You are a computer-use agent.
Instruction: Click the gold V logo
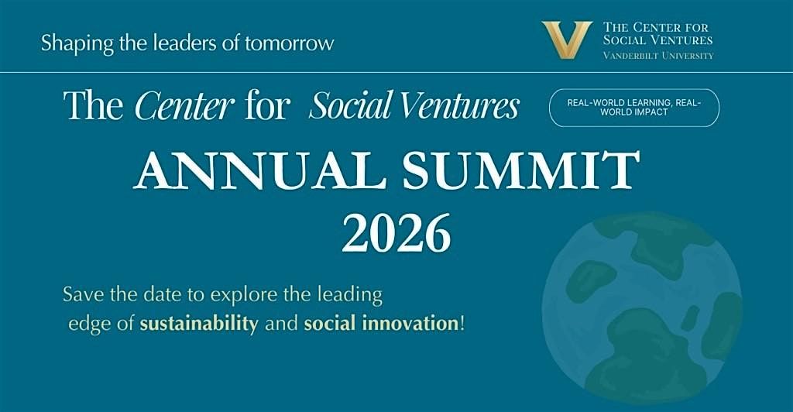[x=566, y=40]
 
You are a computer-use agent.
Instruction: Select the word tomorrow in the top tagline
[x=290, y=43]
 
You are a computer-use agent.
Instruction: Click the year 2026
[x=396, y=233]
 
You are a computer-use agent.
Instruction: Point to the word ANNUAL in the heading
[x=257, y=170]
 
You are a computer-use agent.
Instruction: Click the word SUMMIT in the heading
[x=521, y=170]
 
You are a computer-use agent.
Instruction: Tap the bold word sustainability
[x=199, y=324]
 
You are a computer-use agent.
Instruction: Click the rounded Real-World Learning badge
[x=634, y=108]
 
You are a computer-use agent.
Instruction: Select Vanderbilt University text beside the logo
[x=658, y=56]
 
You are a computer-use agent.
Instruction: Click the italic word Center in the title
[x=184, y=106]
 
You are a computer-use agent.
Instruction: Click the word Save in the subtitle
[x=80, y=295]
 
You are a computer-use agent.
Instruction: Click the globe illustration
[x=641, y=307]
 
